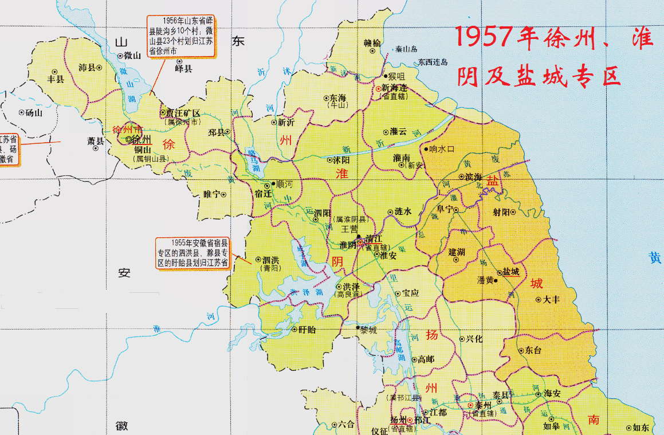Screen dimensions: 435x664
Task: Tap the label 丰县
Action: pos(56,79)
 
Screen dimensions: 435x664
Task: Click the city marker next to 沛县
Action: pos(100,68)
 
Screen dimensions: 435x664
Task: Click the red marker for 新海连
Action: pos(378,89)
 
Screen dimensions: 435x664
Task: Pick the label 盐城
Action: pos(511,272)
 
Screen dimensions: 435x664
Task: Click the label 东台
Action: pos(533,350)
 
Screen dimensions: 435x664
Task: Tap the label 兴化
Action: pos(474,339)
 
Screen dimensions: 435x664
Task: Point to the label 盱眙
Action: pos(308,330)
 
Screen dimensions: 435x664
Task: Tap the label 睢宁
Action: pos(211,194)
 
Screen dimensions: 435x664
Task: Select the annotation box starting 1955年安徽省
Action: pos(192,253)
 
